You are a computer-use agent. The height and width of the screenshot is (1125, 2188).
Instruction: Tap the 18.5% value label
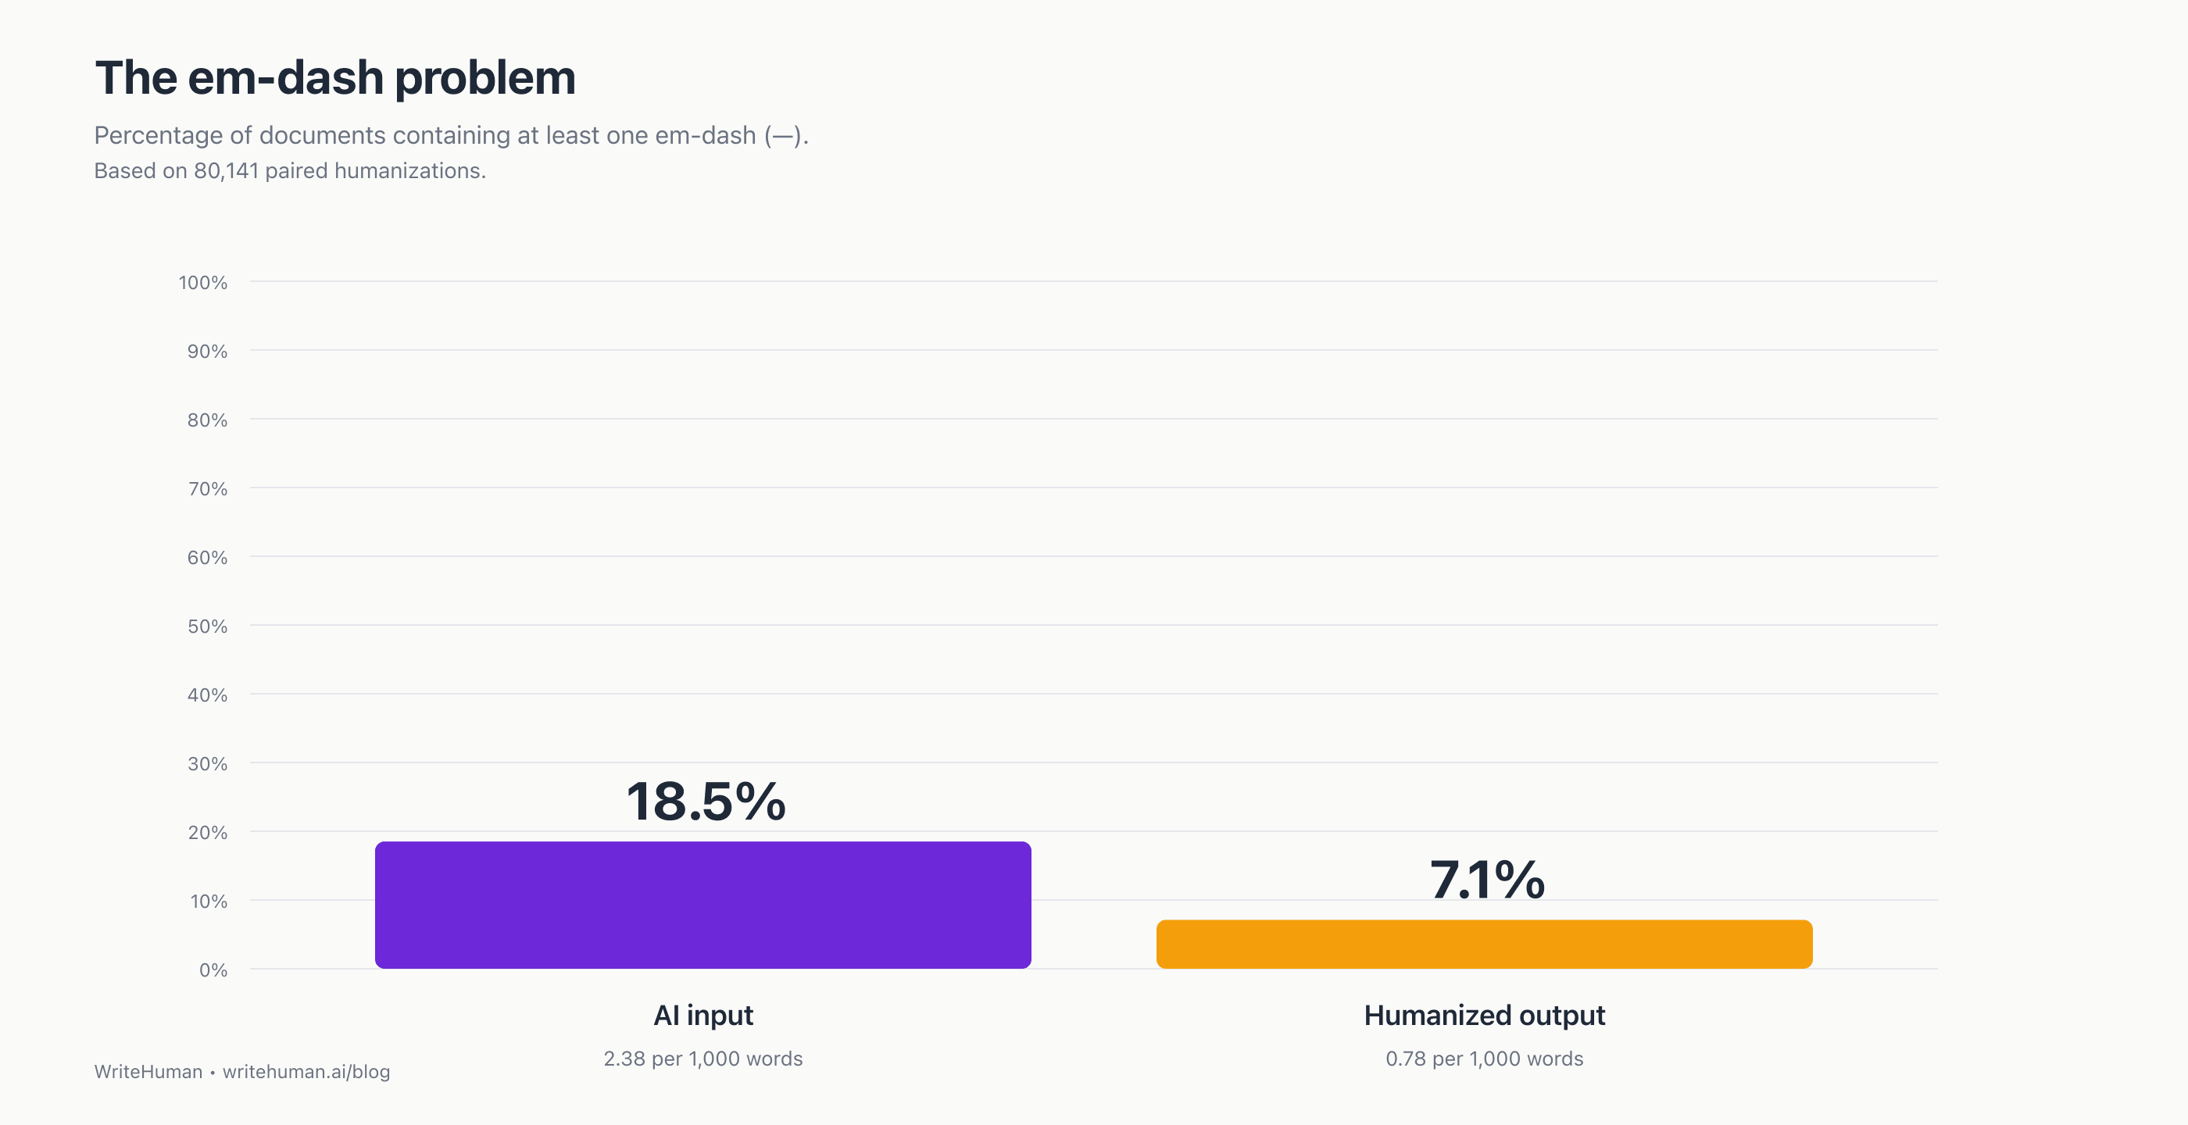(706, 802)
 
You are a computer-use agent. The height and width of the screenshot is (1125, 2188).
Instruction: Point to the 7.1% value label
(1486, 880)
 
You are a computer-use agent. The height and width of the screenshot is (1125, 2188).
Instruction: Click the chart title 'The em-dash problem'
(334, 78)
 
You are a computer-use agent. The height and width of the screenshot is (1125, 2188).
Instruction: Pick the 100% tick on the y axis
(203, 283)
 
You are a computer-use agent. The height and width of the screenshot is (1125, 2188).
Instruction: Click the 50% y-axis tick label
(207, 627)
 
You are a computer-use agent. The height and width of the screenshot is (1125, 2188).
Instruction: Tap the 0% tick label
(213, 970)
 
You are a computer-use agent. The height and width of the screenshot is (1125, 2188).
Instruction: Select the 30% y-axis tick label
(207, 764)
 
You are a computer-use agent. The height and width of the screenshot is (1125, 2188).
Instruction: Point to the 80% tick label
(207, 420)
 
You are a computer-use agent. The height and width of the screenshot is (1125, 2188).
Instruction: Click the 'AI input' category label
(703, 1016)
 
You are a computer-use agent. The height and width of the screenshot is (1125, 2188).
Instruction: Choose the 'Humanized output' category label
(1484, 1016)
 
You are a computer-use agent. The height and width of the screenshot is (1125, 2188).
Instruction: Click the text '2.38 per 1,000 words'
(703, 1059)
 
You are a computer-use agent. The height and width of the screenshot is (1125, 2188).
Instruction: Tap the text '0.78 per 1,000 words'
(1484, 1059)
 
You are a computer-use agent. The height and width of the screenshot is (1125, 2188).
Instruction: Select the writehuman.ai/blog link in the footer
(306, 1072)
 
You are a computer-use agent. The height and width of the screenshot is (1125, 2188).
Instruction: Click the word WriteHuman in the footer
(148, 1072)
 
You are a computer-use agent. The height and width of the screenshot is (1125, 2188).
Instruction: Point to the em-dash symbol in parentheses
(782, 136)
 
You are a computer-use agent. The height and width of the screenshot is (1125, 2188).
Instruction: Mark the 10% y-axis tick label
(208, 902)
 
